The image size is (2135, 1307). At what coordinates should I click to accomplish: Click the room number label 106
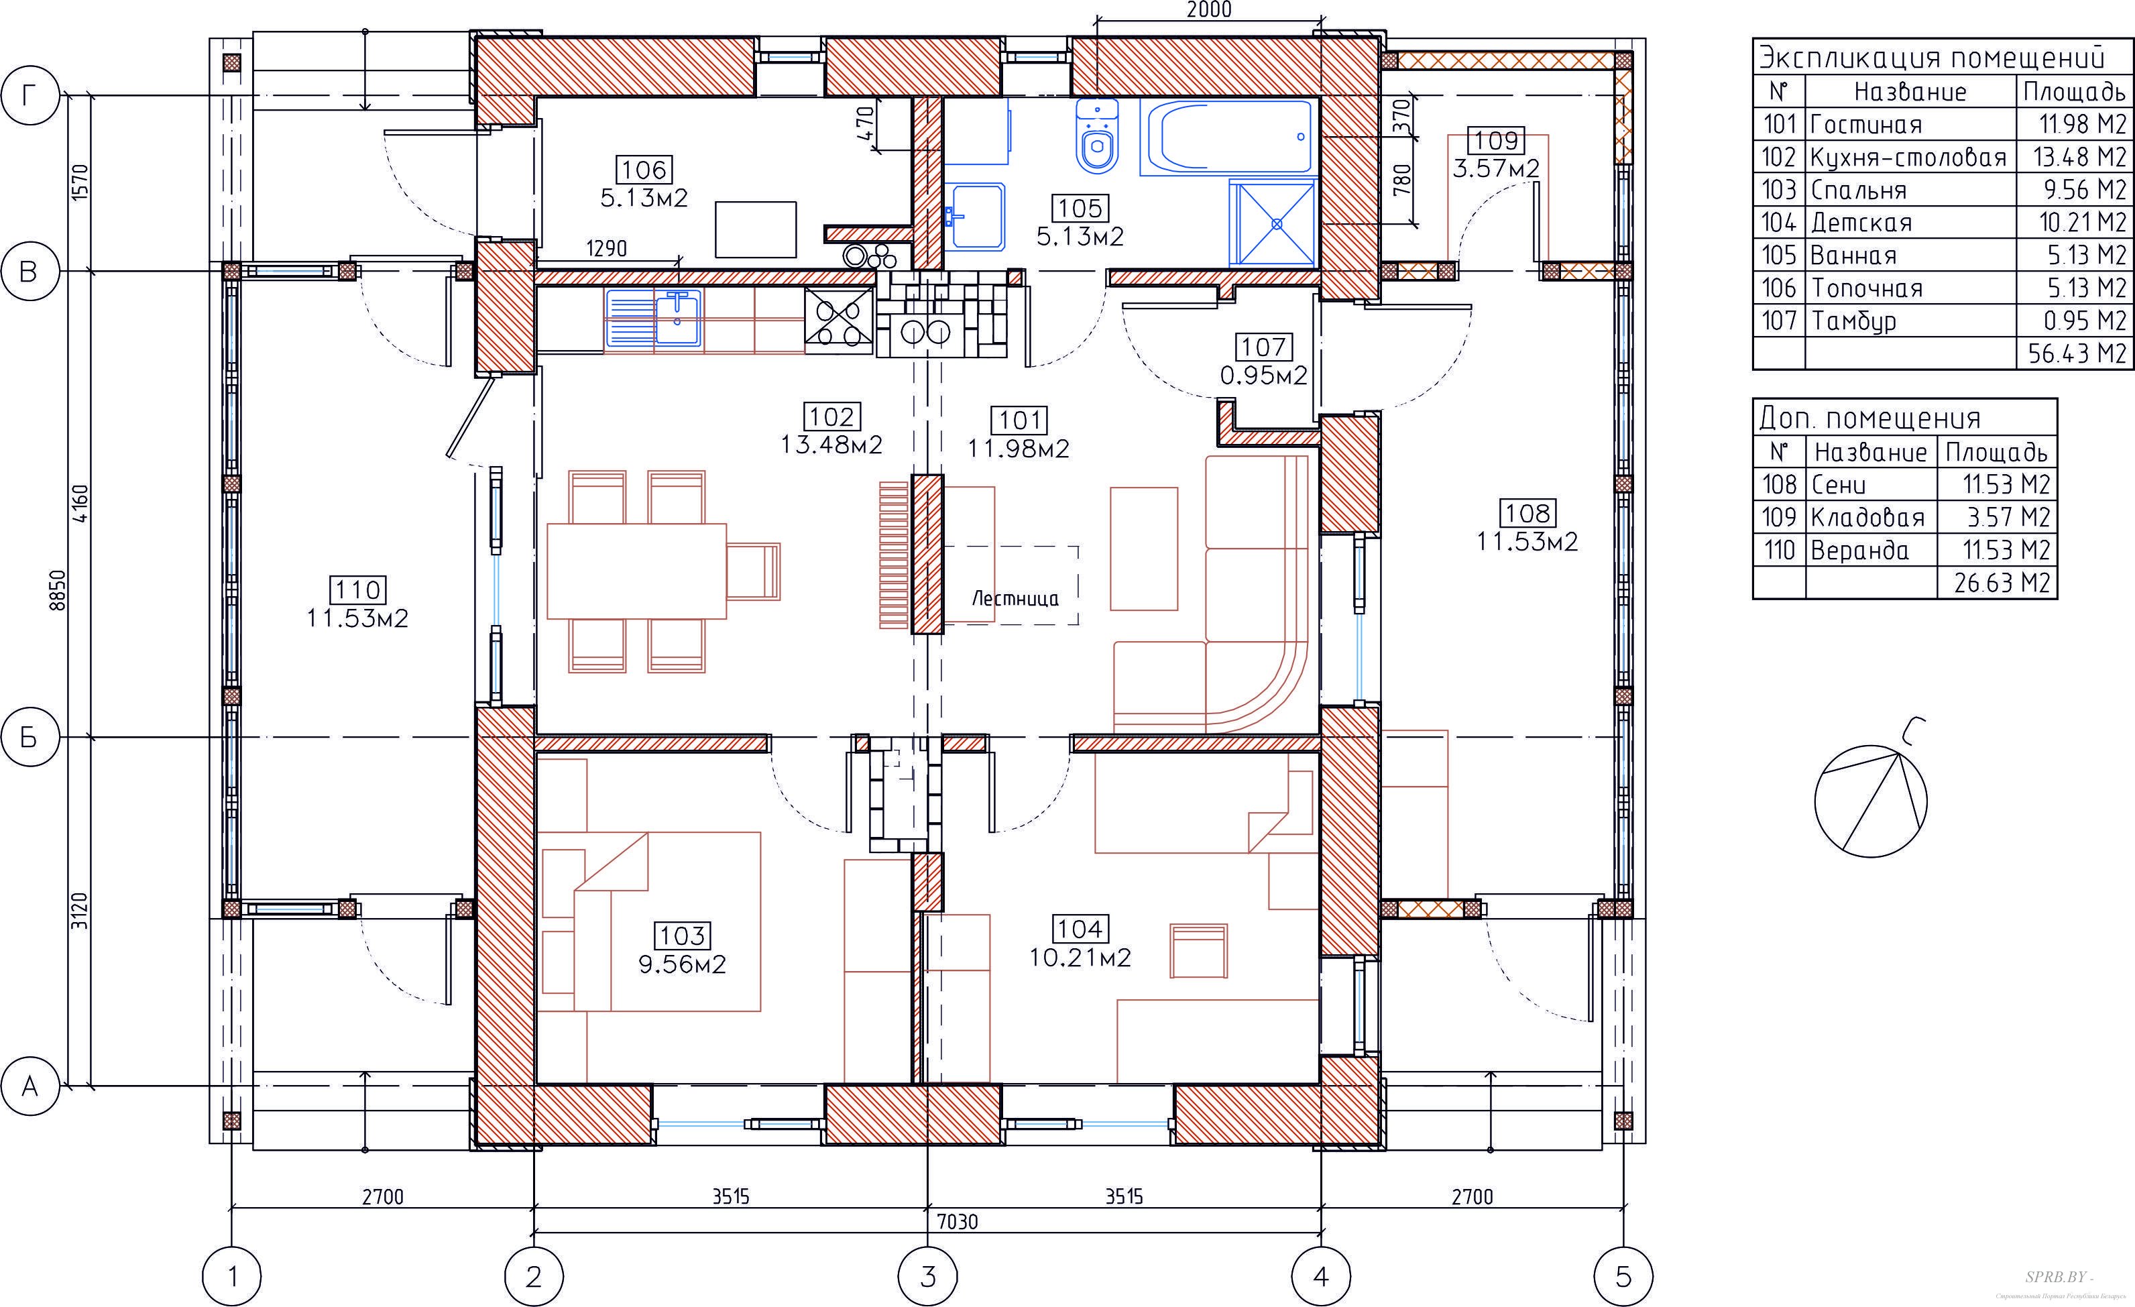click(644, 170)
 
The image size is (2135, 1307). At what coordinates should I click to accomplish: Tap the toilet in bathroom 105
click(1097, 135)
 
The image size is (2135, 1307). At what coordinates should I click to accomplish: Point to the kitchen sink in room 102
click(655, 318)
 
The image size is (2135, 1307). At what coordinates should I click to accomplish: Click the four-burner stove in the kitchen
click(838, 320)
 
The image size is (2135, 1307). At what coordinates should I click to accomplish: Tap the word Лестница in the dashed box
click(1015, 598)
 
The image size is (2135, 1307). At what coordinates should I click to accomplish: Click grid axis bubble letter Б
click(29, 738)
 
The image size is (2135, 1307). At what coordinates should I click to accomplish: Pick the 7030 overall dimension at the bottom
click(957, 1222)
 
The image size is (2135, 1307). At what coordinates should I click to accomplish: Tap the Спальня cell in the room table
click(1859, 190)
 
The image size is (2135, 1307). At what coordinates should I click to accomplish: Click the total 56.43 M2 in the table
click(2077, 353)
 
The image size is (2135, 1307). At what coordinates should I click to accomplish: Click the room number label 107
click(1263, 347)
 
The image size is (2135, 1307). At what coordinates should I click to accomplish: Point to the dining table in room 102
click(636, 570)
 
